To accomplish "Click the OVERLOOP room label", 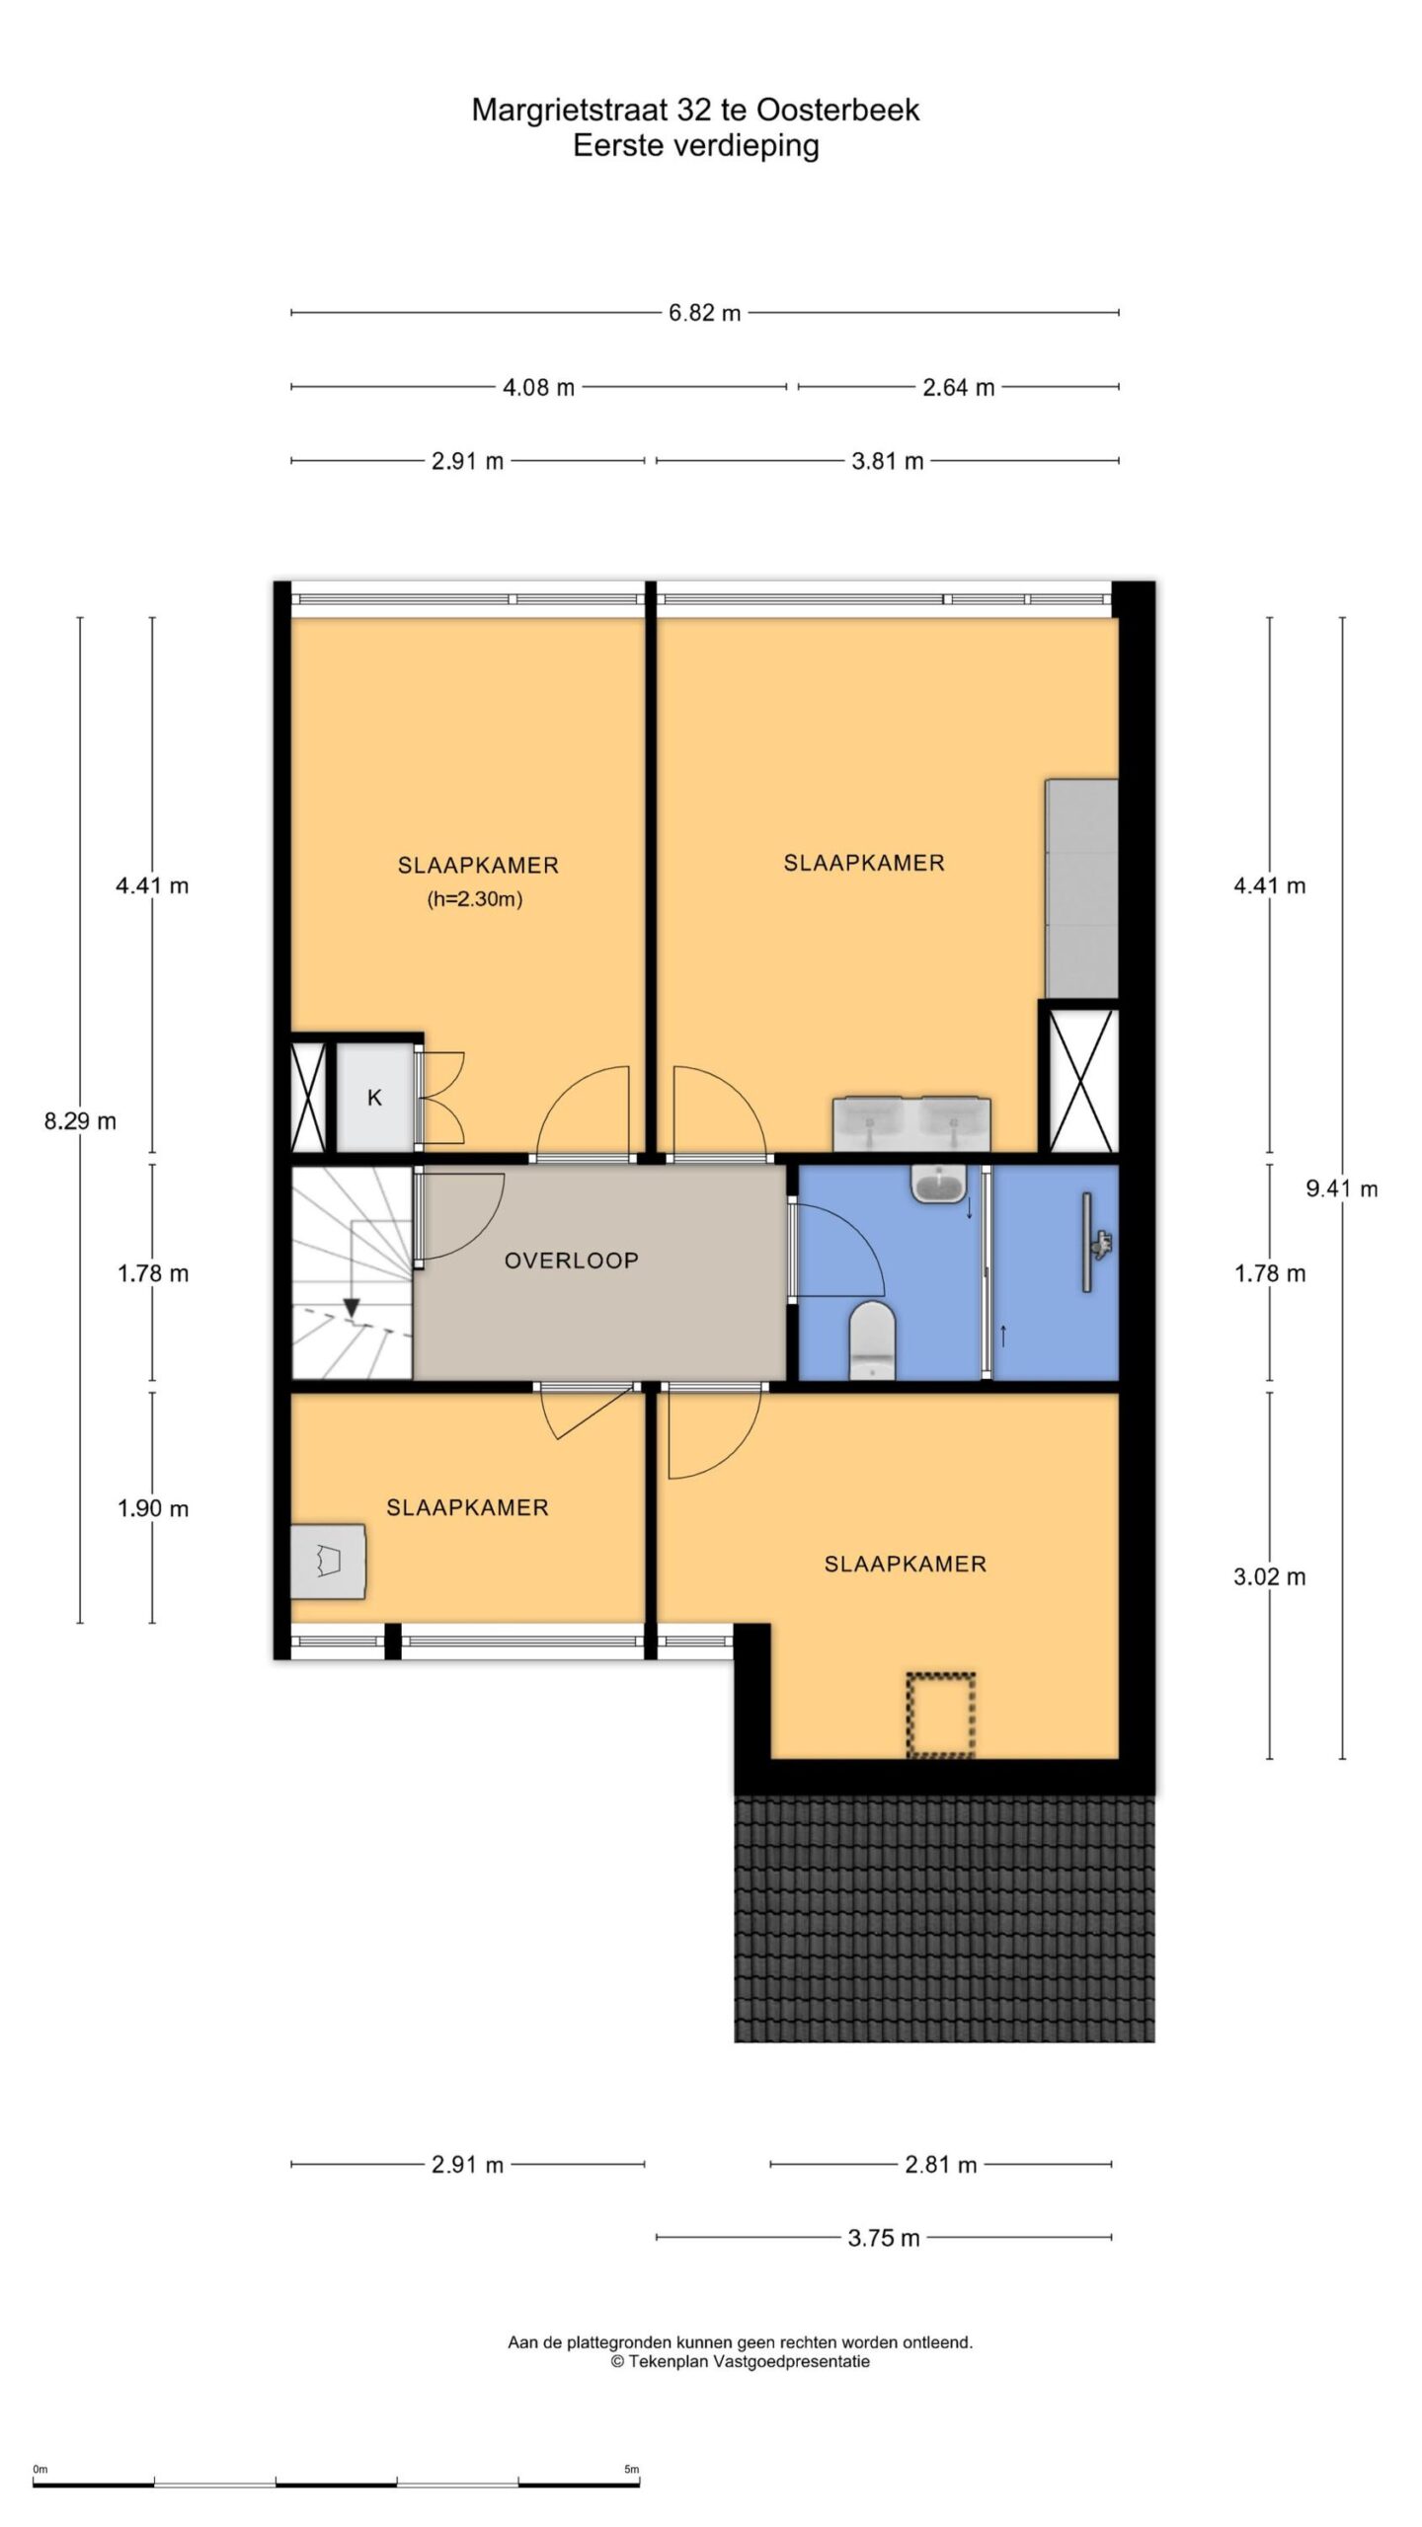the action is pos(571,1261).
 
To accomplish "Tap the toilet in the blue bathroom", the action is pos(872,1339).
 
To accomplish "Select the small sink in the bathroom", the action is pos(938,1183).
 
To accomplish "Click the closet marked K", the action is pos(374,1097).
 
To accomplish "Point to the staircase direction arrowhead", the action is pos(351,1307).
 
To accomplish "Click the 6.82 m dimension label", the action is pos(704,313).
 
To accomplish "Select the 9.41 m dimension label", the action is pos(1341,1188).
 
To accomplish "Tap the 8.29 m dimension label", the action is pos(80,1121).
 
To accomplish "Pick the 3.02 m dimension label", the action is pos(1269,1576).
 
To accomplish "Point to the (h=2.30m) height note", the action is pos(474,899).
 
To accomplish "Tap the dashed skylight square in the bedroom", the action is pos(940,1716).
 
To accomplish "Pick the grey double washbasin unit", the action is pos(911,1123).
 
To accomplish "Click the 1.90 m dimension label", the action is pos(153,1508).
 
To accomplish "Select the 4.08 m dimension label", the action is pos(538,387).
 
